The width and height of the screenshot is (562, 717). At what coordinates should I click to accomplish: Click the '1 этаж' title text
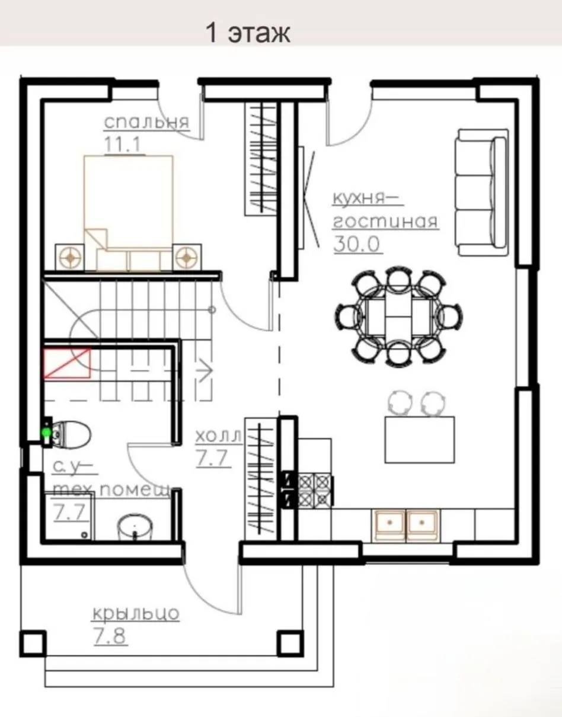(248, 33)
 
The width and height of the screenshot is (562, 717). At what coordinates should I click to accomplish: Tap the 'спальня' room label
(147, 122)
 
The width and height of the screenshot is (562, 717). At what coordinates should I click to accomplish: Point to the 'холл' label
(219, 436)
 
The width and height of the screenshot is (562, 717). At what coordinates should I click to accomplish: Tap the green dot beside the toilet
(46, 432)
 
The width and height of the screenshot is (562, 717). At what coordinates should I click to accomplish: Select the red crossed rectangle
(68, 363)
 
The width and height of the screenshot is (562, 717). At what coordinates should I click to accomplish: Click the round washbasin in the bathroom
(135, 527)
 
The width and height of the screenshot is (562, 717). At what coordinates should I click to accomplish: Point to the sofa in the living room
(482, 193)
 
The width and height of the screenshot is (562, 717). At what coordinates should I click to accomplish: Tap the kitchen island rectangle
(420, 440)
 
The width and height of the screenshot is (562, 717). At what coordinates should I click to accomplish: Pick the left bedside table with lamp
(69, 257)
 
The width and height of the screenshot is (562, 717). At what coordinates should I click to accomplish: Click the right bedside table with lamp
(187, 257)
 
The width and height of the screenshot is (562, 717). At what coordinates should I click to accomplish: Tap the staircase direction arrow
(205, 372)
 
